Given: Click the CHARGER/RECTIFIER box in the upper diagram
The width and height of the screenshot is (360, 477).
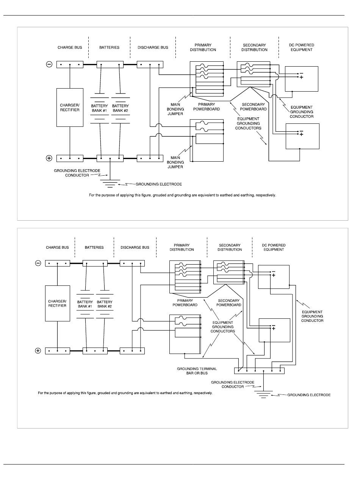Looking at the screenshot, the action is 70,108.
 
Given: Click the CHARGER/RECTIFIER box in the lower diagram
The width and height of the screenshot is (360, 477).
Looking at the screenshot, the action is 58,303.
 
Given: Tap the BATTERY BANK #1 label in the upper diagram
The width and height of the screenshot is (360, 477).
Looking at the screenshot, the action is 99,108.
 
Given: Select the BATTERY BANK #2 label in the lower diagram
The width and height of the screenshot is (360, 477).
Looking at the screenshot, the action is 105,304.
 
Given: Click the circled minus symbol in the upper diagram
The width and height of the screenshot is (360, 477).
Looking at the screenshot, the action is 49,64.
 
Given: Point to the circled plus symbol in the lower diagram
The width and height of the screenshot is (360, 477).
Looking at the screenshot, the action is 38,351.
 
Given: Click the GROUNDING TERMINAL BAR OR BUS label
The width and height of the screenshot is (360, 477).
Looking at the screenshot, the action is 197,371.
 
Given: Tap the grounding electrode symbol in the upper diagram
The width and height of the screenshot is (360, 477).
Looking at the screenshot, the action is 110,183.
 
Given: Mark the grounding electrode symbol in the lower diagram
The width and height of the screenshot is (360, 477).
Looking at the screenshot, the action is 263,394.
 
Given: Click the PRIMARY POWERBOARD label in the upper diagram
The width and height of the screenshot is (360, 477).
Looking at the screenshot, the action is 207,107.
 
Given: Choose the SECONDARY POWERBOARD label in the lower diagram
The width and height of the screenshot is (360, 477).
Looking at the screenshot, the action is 229,303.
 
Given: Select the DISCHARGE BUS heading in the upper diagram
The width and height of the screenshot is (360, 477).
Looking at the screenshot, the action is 153,47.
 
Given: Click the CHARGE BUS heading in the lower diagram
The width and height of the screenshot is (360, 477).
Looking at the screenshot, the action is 57,247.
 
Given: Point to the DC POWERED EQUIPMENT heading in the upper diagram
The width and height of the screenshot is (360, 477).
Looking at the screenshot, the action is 302,47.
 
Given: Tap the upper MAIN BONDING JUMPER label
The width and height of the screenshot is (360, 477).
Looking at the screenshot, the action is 175,109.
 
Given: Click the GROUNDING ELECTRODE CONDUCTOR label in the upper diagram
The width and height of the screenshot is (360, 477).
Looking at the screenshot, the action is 77,173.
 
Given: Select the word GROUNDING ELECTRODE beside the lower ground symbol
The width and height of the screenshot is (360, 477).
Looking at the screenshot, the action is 309,395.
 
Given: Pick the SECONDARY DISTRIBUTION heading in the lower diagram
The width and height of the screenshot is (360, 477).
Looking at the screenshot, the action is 230,247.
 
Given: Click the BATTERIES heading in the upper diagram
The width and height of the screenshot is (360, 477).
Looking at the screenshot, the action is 109,47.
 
